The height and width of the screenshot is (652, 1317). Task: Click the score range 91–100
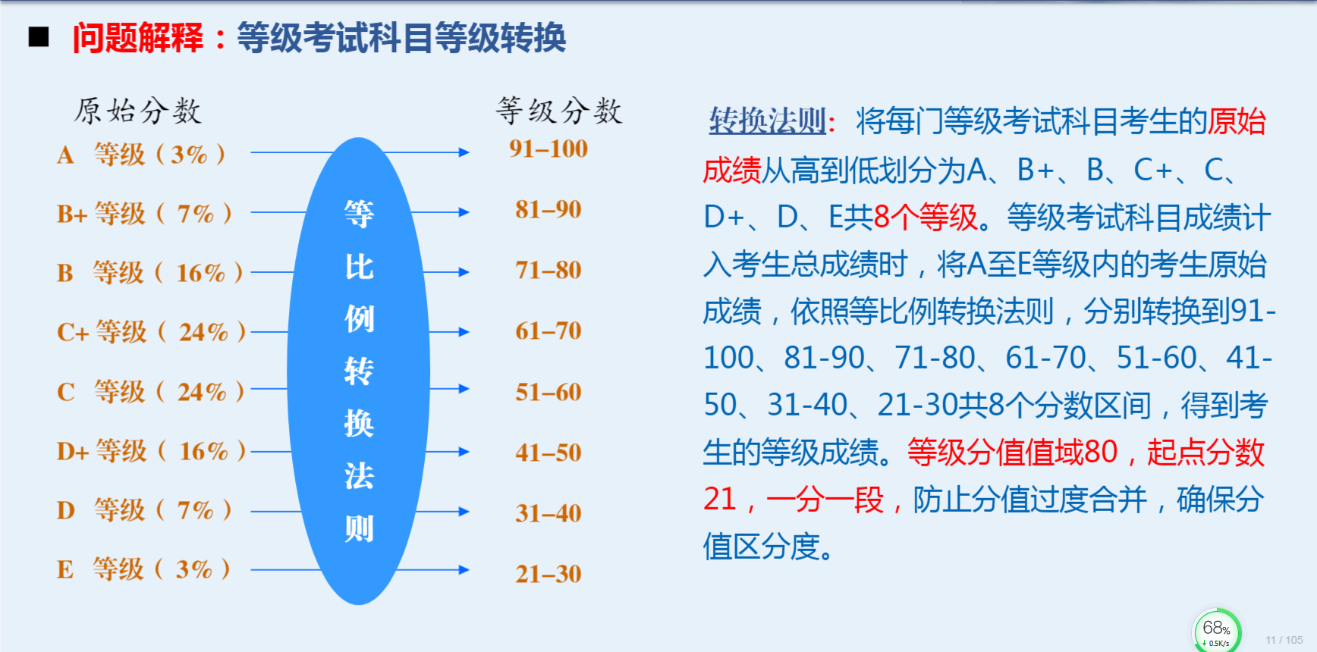pyautogui.click(x=548, y=149)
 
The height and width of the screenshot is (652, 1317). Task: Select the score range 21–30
pyautogui.click(x=548, y=574)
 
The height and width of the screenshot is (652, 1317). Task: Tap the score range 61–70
pyautogui.click(x=548, y=331)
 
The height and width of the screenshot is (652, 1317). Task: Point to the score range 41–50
pyautogui.click(x=548, y=453)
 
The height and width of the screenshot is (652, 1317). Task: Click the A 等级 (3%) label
pyautogui.click(x=141, y=155)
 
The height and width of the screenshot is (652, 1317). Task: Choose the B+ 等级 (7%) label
pyautogui.click(x=144, y=214)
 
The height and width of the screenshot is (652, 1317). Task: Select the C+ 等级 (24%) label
pyautogui.click(x=151, y=332)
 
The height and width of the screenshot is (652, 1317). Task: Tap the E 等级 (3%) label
pyautogui.click(x=143, y=569)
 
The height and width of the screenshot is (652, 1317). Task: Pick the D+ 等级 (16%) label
pyautogui.click(x=151, y=451)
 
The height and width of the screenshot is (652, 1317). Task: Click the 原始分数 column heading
pyautogui.click(x=138, y=111)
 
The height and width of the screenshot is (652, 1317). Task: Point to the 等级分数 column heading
pyautogui.click(x=559, y=111)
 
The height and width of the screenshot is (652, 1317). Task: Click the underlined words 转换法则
pyautogui.click(x=767, y=121)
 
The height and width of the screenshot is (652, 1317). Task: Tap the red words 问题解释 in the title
pyautogui.click(x=138, y=38)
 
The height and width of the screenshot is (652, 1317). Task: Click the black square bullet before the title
pyautogui.click(x=39, y=36)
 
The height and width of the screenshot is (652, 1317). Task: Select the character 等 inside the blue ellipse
pyautogui.click(x=359, y=214)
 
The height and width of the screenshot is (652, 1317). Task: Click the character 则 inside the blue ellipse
pyautogui.click(x=359, y=528)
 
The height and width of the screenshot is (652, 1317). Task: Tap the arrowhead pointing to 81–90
pyautogui.click(x=464, y=212)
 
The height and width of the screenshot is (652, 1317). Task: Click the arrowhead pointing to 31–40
pyautogui.click(x=464, y=512)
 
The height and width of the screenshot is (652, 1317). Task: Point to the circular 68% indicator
pyautogui.click(x=1217, y=631)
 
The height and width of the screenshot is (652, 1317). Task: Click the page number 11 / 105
pyautogui.click(x=1284, y=640)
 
